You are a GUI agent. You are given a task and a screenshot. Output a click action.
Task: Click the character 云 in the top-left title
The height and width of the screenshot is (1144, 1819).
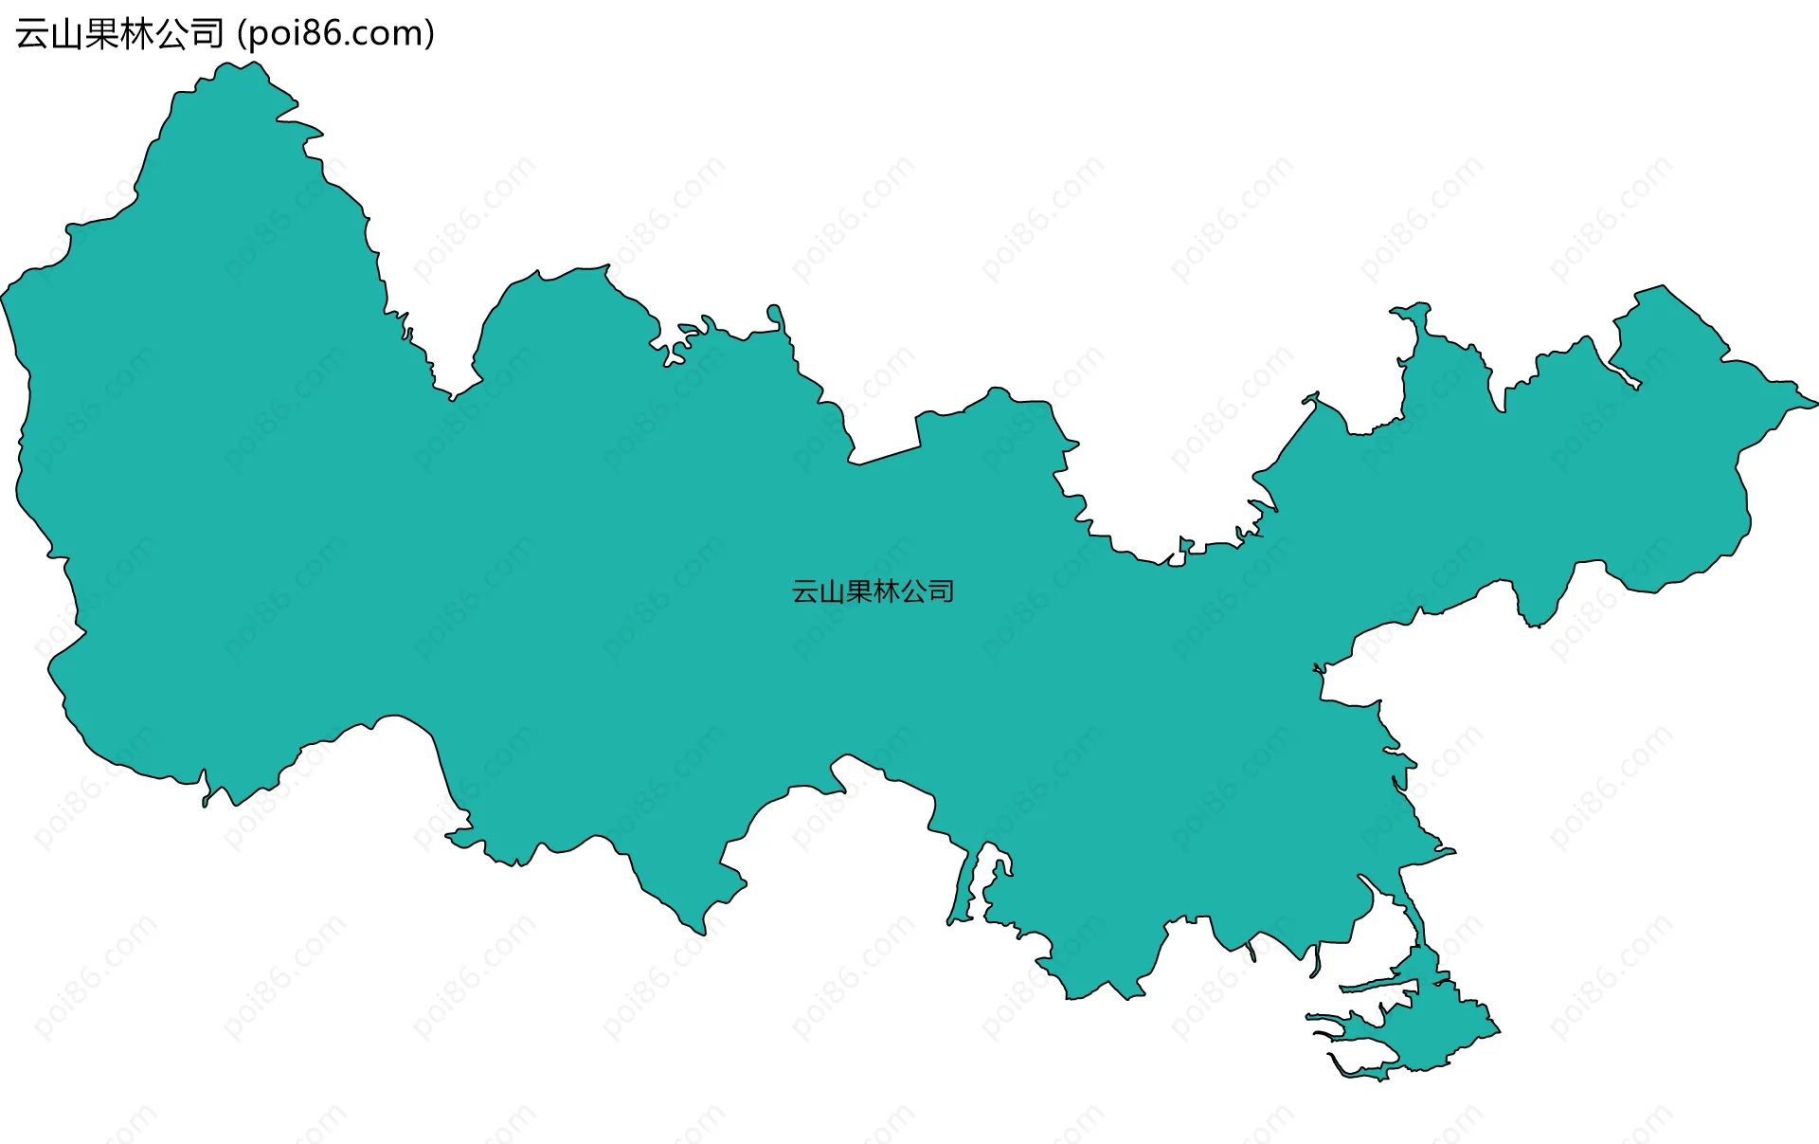pyautogui.click(x=31, y=34)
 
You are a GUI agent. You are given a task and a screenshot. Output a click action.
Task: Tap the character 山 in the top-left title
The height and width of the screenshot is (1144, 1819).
pyautogui.click(x=66, y=34)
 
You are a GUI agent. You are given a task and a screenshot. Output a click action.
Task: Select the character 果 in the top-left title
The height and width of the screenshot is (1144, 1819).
pyautogui.click(x=101, y=34)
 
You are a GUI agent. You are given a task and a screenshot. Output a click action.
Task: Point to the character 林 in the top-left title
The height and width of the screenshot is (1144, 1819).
pyautogui.click(x=136, y=34)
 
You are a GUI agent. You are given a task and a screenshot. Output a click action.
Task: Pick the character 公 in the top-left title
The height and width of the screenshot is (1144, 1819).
pyautogui.click(x=171, y=34)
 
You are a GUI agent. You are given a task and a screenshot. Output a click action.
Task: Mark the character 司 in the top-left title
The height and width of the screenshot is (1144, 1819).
pyautogui.click(x=207, y=34)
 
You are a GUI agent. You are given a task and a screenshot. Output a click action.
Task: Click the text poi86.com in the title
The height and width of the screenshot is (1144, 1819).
pyautogui.click(x=335, y=34)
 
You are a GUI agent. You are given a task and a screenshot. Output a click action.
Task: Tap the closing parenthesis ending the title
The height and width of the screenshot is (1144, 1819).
pyautogui.click(x=430, y=34)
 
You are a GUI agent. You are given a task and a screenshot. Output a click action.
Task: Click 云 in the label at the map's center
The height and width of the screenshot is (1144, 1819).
pyautogui.click(x=805, y=591)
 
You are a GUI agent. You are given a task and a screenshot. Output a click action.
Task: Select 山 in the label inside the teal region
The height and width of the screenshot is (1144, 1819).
pyautogui.click(x=832, y=591)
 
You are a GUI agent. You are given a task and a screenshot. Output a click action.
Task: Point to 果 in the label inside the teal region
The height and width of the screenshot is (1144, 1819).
pyautogui.click(x=859, y=591)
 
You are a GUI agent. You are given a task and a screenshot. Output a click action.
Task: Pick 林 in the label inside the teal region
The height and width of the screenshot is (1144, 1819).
pyautogui.click(x=887, y=591)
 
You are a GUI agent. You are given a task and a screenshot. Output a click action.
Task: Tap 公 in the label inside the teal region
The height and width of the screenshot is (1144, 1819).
pyautogui.click(x=913, y=591)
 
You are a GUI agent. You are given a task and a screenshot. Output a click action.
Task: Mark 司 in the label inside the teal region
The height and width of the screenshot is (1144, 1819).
pyautogui.click(x=941, y=591)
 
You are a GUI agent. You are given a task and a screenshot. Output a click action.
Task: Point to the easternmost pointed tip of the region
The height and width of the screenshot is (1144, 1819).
pyautogui.click(x=1814, y=404)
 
